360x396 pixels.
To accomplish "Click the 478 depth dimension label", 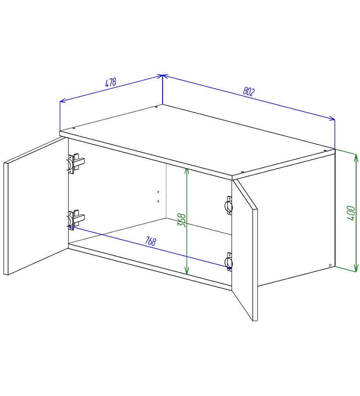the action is coord(111,82).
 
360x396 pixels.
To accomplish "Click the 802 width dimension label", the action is coord(249,91).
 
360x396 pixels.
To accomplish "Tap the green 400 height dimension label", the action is coord(351,213).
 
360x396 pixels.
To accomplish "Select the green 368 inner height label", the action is coord(182,220).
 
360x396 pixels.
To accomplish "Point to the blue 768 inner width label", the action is coord(151,241).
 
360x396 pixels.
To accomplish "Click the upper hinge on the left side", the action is coord(76,164).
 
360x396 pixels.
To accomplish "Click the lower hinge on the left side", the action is coord(76,220).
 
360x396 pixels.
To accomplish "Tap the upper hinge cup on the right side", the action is coord(229,206).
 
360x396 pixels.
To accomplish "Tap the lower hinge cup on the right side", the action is coord(229,262).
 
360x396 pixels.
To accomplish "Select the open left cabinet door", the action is coord(36,206).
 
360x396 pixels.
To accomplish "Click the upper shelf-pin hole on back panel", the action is coord(158,192).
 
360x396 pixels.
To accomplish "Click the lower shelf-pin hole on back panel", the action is coord(158,201).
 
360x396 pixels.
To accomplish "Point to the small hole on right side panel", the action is coord(330,265).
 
